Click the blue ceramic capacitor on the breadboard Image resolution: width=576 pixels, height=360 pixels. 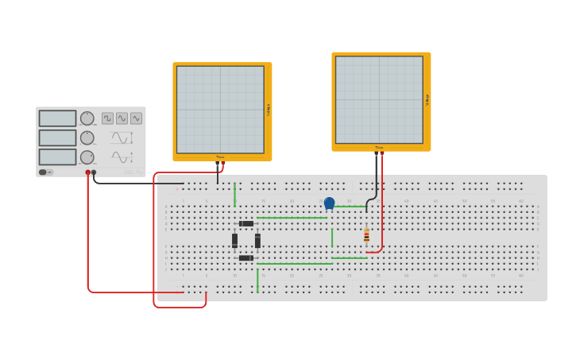(x=329, y=203)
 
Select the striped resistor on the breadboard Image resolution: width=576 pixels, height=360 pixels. (x=366, y=236)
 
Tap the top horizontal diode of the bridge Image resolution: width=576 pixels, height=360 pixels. (x=246, y=223)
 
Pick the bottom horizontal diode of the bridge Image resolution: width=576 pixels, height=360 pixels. (x=246, y=257)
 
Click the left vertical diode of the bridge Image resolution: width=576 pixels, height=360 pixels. (x=234, y=240)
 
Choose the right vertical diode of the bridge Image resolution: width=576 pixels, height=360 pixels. (x=257, y=240)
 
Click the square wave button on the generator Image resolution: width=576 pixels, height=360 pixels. (x=107, y=118)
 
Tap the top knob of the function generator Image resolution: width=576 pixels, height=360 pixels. (x=87, y=118)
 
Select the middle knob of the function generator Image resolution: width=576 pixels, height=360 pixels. (x=87, y=137)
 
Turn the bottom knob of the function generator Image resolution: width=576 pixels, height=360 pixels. (x=87, y=157)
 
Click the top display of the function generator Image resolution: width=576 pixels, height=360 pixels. (x=57, y=118)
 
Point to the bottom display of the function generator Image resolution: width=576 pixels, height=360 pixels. (x=57, y=157)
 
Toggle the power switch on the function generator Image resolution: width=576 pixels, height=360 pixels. (x=45, y=172)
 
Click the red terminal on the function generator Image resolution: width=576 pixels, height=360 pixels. (x=87, y=172)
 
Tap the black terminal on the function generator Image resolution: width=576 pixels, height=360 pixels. (x=94, y=172)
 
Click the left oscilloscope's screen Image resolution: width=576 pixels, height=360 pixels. (x=220, y=110)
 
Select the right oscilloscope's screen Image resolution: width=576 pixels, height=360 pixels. (x=379, y=100)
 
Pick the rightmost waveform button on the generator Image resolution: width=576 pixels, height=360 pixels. (x=136, y=118)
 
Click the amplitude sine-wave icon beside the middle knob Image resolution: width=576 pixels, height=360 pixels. (x=119, y=137)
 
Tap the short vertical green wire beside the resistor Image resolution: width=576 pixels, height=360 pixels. (x=332, y=238)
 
